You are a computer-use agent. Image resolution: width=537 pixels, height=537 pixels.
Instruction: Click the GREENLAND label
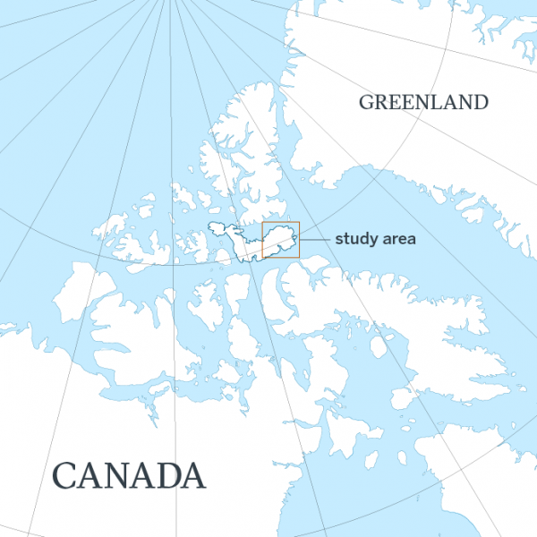tap(423, 102)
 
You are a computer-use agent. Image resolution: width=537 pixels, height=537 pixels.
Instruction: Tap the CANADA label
tap(129, 474)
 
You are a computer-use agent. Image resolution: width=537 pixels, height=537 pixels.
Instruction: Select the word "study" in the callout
tap(354, 240)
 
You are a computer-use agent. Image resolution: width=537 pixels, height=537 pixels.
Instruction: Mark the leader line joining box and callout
tap(315, 240)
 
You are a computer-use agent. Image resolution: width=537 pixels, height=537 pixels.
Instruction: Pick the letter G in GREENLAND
tap(366, 102)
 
